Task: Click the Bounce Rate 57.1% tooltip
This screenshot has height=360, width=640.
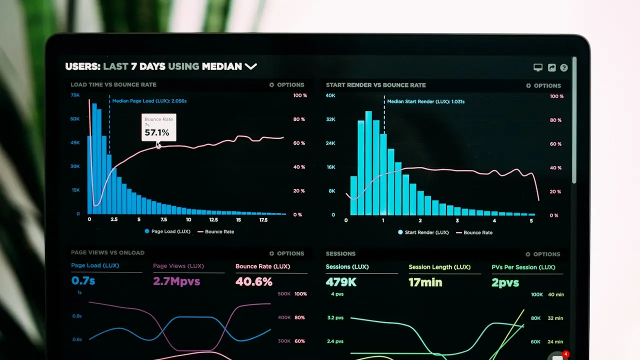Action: click(158, 127)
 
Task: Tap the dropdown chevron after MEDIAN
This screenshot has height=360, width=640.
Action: click(250, 66)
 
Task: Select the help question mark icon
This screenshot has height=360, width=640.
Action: click(564, 67)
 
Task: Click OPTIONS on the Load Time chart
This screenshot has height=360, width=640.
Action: click(286, 85)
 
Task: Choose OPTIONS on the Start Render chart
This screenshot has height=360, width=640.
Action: click(543, 85)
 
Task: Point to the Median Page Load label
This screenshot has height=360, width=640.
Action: click(149, 101)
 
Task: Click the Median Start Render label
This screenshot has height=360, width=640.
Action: click(425, 101)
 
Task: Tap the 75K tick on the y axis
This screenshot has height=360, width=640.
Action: click(75, 95)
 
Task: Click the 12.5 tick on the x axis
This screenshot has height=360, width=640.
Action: click(213, 219)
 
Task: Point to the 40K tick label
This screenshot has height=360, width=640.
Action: click(330, 95)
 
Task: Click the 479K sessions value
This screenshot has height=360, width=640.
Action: click(341, 282)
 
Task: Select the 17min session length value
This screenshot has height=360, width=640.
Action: click(425, 282)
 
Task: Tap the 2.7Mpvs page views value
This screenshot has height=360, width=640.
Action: click(176, 281)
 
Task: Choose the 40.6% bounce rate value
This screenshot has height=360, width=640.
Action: click(253, 281)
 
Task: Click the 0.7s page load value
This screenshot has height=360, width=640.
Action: click(83, 281)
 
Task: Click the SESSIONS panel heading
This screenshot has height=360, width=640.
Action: click(340, 254)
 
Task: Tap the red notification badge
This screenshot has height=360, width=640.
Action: click(565, 354)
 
